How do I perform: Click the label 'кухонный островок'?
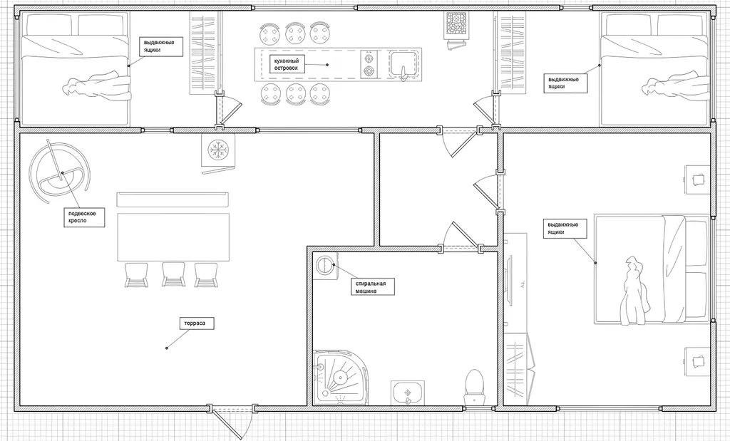tap(286, 64)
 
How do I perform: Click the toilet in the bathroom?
tap(474, 385)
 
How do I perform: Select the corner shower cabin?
tap(341, 378)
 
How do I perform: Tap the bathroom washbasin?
tap(407, 392)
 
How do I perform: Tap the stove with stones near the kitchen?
tap(456, 24)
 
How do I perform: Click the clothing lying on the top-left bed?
tap(98, 84)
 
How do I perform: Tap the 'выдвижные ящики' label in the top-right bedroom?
tap(565, 83)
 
